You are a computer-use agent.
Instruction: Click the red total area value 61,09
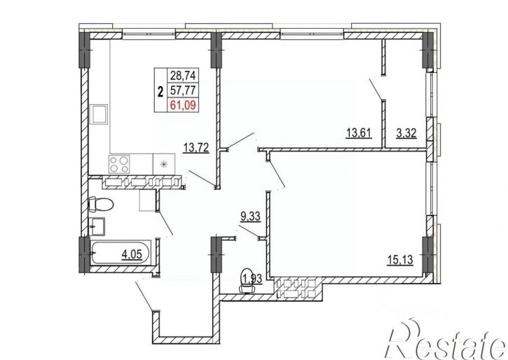pyautogui.click(x=183, y=105)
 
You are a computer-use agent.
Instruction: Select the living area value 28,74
pyautogui.click(x=183, y=76)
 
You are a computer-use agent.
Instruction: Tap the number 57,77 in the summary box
pyautogui.click(x=183, y=90)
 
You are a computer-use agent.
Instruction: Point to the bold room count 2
pyautogui.click(x=160, y=92)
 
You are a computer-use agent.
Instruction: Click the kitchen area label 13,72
pyautogui.click(x=196, y=148)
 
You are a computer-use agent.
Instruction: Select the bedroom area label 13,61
pyautogui.click(x=359, y=133)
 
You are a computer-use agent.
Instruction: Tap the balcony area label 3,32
pyautogui.click(x=406, y=133)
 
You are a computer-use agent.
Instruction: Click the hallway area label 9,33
pyautogui.click(x=250, y=216)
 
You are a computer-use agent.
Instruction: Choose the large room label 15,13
pyautogui.click(x=400, y=260)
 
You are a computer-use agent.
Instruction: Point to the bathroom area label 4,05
pyautogui.click(x=132, y=254)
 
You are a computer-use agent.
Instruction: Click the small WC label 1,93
pyautogui.click(x=252, y=279)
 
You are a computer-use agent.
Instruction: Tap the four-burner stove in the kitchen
pyautogui.click(x=118, y=165)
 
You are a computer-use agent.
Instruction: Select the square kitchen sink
pyautogui.click(x=100, y=114)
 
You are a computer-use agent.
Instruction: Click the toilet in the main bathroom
pyautogui.click(x=100, y=205)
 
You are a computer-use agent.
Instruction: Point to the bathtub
pyautogui.click(x=121, y=253)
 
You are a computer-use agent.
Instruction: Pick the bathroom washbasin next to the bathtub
pyautogui.click(x=97, y=226)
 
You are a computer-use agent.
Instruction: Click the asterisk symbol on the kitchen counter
pyautogui.click(x=164, y=164)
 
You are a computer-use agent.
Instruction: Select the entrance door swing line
pyautogui.click(x=144, y=296)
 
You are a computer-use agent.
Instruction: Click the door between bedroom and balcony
pyautogui.click(x=376, y=89)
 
